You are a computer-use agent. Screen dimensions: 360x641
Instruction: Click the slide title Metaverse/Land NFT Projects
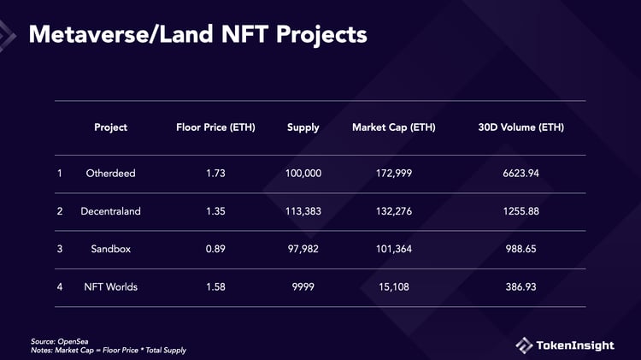point(198,34)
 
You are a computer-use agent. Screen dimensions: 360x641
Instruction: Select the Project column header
point(110,127)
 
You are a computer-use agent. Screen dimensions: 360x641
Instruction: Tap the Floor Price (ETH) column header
point(215,127)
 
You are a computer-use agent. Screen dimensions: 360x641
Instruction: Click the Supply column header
point(303,127)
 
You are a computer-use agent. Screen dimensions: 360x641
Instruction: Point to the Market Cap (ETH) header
point(393,127)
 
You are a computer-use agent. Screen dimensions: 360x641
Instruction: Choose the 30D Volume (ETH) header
point(521,127)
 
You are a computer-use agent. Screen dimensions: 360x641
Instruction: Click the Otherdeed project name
point(110,174)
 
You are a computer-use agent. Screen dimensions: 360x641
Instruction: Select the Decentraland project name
point(110,211)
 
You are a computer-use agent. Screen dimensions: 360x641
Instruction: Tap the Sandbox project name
point(110,249)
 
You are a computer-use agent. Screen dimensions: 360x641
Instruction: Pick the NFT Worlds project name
point(110,286)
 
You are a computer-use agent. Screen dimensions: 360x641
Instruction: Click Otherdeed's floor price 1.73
point(215,174)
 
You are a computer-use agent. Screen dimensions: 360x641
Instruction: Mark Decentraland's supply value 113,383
point(303,211)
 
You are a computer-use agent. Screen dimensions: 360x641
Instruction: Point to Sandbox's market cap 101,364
point(393,249)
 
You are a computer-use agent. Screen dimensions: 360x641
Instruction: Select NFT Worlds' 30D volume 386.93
point(520,286)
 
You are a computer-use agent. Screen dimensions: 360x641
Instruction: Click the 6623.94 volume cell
point(520,174)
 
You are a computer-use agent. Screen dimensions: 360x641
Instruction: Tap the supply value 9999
point(303,286)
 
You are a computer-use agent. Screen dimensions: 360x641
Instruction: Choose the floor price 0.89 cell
point(215,249)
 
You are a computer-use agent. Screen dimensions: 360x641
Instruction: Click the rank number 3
point(60,249)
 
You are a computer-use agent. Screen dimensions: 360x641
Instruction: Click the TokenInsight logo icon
point(524,345)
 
